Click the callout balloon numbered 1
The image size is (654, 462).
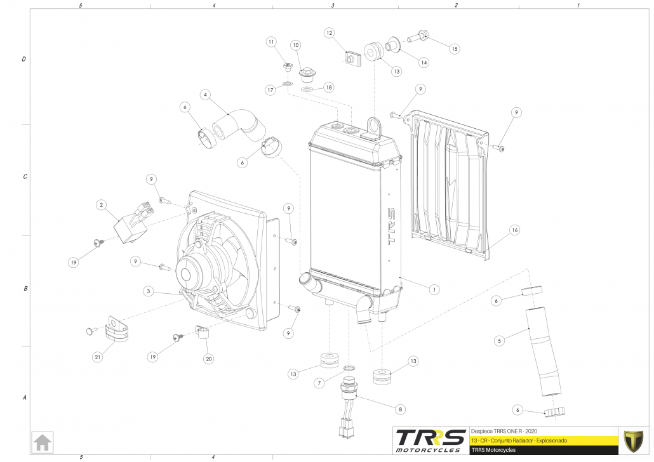(x=434, y=290)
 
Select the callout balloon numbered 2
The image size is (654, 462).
(x=100, y=205)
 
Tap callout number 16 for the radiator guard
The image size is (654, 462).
(x=514, y=230)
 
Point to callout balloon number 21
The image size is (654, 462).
(x=98, y=357)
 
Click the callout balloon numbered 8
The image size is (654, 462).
(x=400, y=409)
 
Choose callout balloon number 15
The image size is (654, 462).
(x=454, y=48)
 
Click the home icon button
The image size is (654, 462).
(x=43, y=442)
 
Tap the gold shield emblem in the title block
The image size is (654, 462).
(x=633, y=440)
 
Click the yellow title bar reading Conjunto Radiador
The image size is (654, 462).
(x=543, y=440)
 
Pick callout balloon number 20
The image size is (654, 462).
(x=208, y=359)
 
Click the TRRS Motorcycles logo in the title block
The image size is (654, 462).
(x=429, y=440)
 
